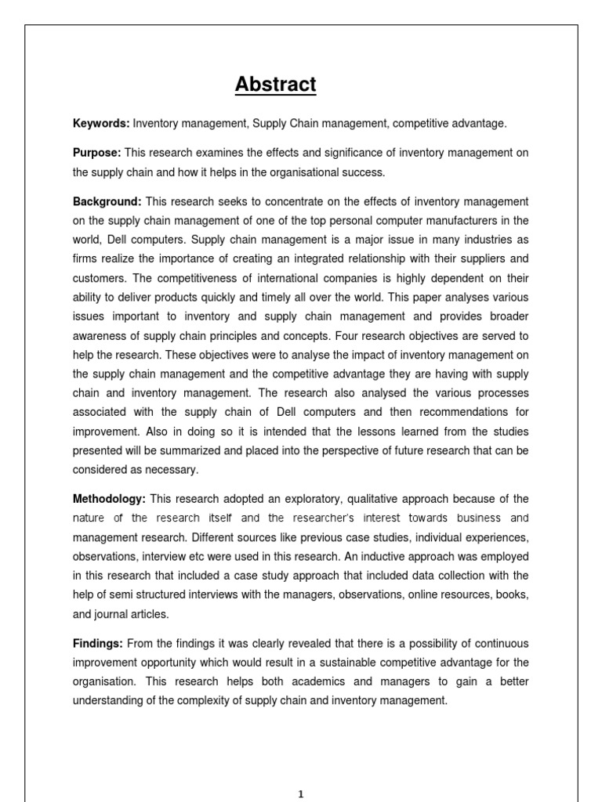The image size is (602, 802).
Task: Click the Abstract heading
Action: click(275, 85)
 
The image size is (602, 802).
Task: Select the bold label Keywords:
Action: click(101, 124)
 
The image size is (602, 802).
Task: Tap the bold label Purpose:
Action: click(97, 153)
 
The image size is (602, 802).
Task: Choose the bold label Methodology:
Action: click(109, 499)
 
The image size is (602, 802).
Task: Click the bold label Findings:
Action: click(98, 643)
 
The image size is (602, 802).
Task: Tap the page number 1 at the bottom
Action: click(301, 794)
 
